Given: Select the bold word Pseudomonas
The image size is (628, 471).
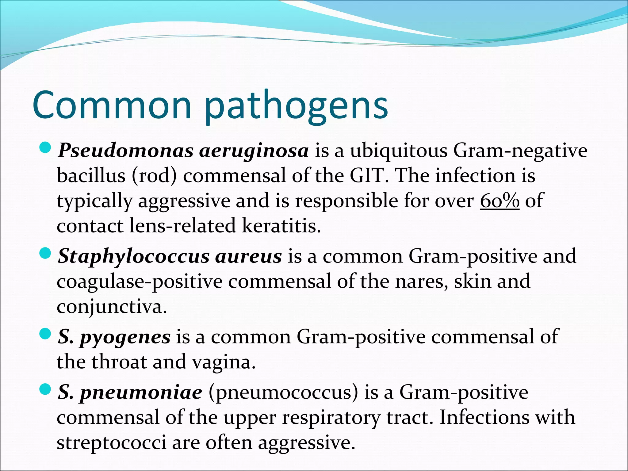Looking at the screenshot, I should (x=125, y=151).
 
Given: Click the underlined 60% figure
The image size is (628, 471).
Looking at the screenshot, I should (x=500, y=201).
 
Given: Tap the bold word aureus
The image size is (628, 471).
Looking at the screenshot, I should (x=248, y=257).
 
